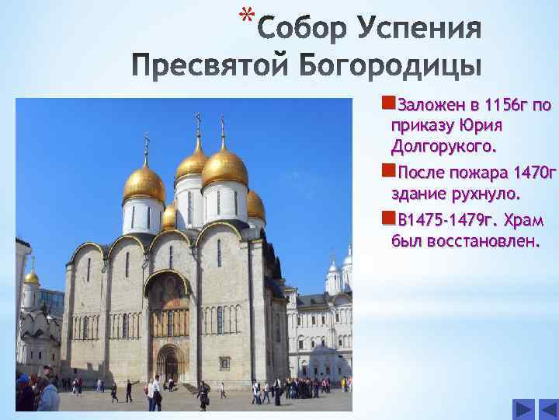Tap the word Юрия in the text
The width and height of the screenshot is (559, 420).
(x=477, y=125)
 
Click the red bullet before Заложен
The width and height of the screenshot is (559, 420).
(x=387, y=104)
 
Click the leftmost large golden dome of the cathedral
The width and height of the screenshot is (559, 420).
(x=144, y=184)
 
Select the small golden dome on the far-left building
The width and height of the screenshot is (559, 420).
(x=31, y=276)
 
